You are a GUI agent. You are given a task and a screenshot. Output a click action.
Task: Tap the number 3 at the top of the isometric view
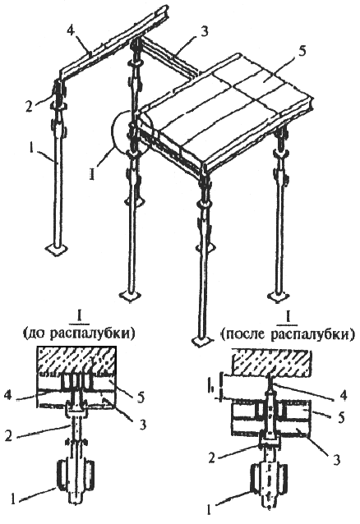(x=205, y=31)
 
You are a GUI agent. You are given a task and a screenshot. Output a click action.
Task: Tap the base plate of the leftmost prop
(x=56, y=250)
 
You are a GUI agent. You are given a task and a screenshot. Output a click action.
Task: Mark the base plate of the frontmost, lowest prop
(x=202, y=341)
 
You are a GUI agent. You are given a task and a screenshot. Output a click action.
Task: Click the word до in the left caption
(x=35, y=333)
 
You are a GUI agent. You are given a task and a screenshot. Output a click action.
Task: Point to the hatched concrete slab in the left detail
(x=77, y=361)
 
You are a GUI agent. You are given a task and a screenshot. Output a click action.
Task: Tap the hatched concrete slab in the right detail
(x=273, y=362)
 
